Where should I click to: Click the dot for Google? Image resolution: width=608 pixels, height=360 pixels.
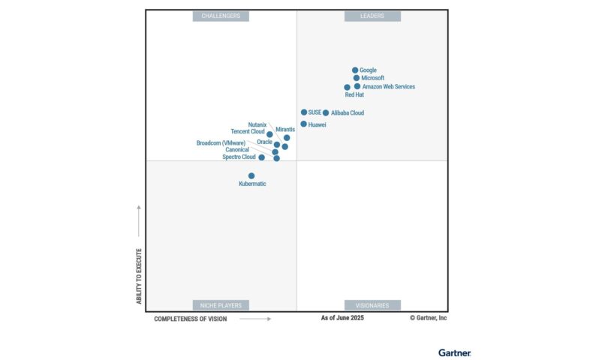pyautogui.click(x=355, y=70)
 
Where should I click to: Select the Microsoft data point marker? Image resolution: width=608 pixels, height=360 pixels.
pyautogui.click(x=357, y=78)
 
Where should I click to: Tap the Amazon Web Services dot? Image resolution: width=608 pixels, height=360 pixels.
pyautogui.click(x=357, y=86)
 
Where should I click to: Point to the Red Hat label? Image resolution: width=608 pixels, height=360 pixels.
pyautogui.click(x=354, y=95)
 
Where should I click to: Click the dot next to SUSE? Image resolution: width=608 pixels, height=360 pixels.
pyautogui.click(x=304, y=112)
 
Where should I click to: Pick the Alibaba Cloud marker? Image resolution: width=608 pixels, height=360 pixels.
pyautogui.click(x=326, y=113)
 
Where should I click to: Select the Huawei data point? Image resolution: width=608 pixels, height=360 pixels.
pyautogui.click(x=303, y=124)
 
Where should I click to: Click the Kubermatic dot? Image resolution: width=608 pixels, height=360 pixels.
pyautogui.click(x=251, y=175)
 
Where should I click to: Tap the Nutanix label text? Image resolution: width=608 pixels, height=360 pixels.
pyautogui.click(x=257, y=124)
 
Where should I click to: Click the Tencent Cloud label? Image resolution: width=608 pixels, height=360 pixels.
pyautogui.click(x=248, y=131)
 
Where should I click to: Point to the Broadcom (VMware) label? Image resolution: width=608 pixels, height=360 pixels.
pyautogui.click(x=221, y=142)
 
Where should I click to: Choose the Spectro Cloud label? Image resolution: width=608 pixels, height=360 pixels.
pyautogui.click(x=239, y=157)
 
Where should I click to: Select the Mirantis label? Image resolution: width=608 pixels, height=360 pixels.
pyautogui.click(x=285, y=130)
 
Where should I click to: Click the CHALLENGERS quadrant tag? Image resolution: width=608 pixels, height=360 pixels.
pyautogui.click(x=221, y=16)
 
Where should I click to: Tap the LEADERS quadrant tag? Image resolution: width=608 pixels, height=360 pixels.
pyautogui.click(x=372, y=16)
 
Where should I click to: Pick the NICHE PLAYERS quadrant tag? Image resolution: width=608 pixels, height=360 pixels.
pyautogui.click(x=221, y=305)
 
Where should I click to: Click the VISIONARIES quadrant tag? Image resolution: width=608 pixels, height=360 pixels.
pyautogui.click(x=372, y=305)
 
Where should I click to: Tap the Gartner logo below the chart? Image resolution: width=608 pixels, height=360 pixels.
pyautogui.click(x=454, y=352)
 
